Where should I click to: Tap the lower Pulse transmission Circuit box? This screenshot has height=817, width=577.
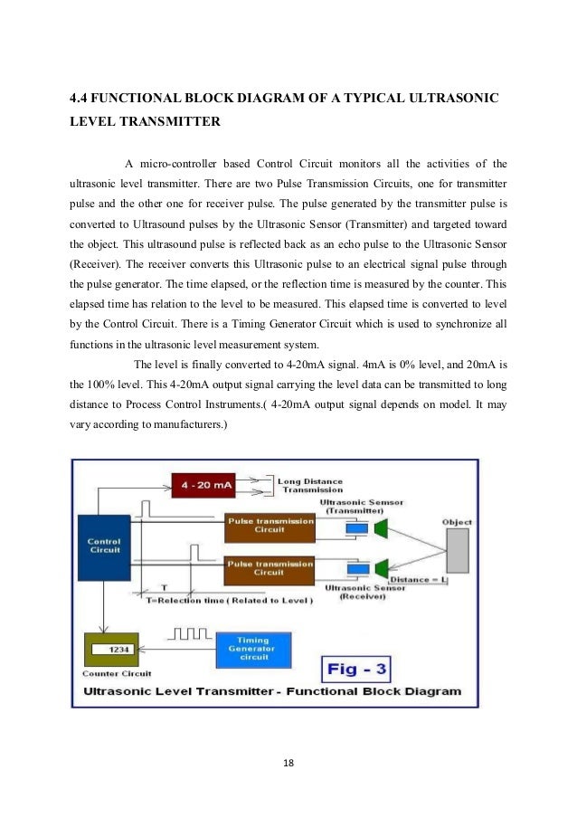[x=269, y=567]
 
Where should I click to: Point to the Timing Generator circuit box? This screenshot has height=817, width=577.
[x=253, y=648]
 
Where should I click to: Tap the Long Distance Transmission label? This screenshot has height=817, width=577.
[x=308, y=487]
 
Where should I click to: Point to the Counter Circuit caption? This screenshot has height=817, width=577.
[x=117, y=673]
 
